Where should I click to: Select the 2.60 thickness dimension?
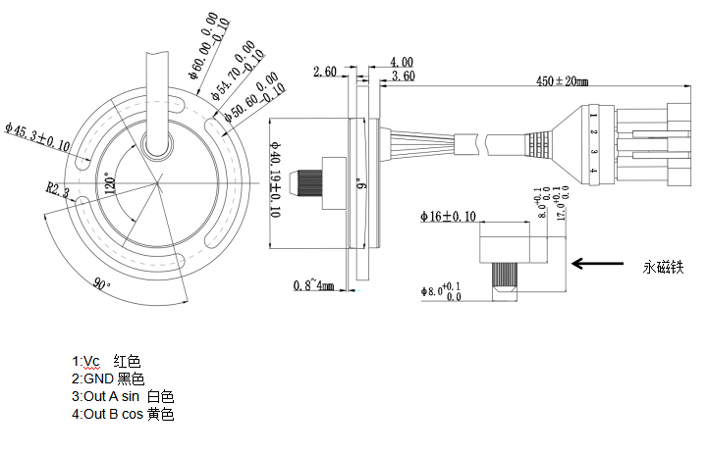click(x=325, y=72)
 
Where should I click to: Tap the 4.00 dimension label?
click(x=401, y=61)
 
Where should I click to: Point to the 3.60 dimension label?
click(x=402, y=76)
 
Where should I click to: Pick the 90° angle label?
click(x=101, y=283)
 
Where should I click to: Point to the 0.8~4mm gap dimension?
click(x=314, y=285)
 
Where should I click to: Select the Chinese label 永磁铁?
click(x=662, y=266)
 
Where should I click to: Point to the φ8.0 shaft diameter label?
click(x=441, y=291)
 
